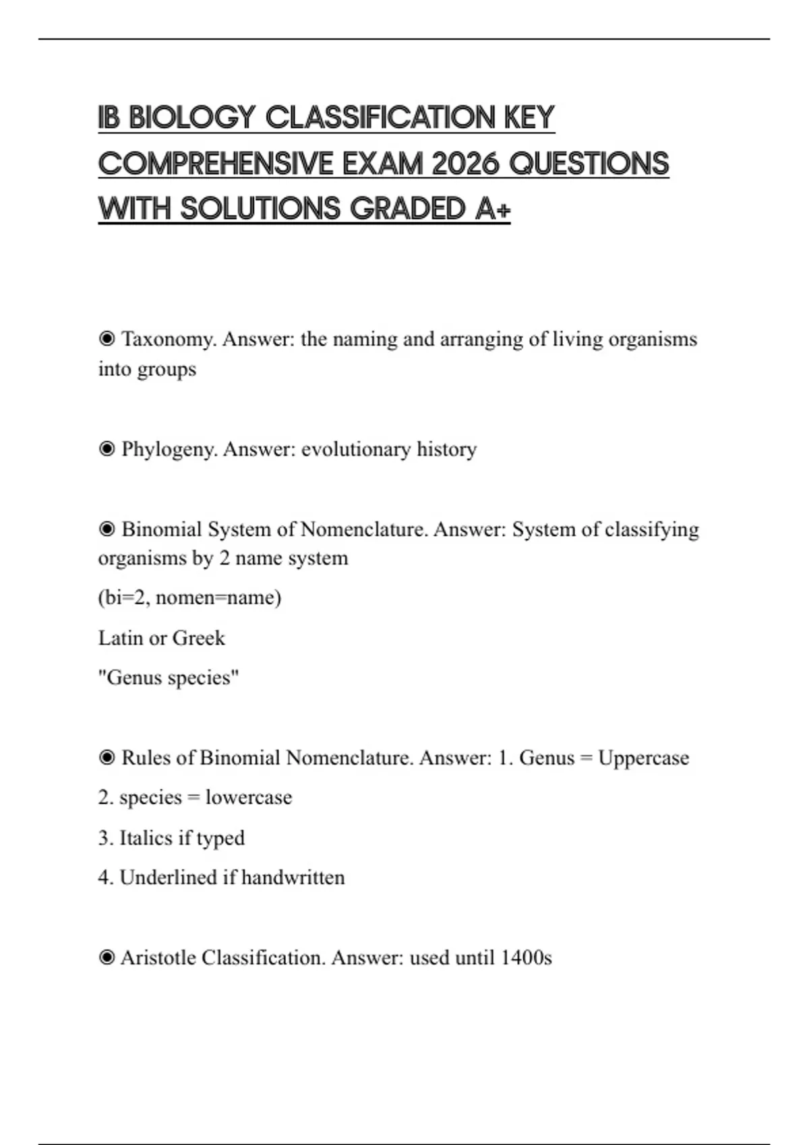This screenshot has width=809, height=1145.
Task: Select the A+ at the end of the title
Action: click(493, 209)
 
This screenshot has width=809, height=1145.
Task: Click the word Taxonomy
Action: click(168, 339)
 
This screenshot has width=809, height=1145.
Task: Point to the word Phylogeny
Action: click(169, 449)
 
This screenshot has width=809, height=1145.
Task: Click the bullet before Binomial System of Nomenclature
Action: click(107, 529)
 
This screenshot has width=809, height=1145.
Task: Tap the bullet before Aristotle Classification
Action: click(107, 957)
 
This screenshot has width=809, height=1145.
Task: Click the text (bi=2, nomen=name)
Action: click(189, 597)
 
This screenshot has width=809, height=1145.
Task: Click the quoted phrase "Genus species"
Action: click(169, 678)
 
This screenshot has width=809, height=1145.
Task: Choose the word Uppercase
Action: click(643, 758)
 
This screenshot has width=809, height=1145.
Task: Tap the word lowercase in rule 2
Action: click(249, 797)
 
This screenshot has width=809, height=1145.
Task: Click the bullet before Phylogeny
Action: click(107, 449)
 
